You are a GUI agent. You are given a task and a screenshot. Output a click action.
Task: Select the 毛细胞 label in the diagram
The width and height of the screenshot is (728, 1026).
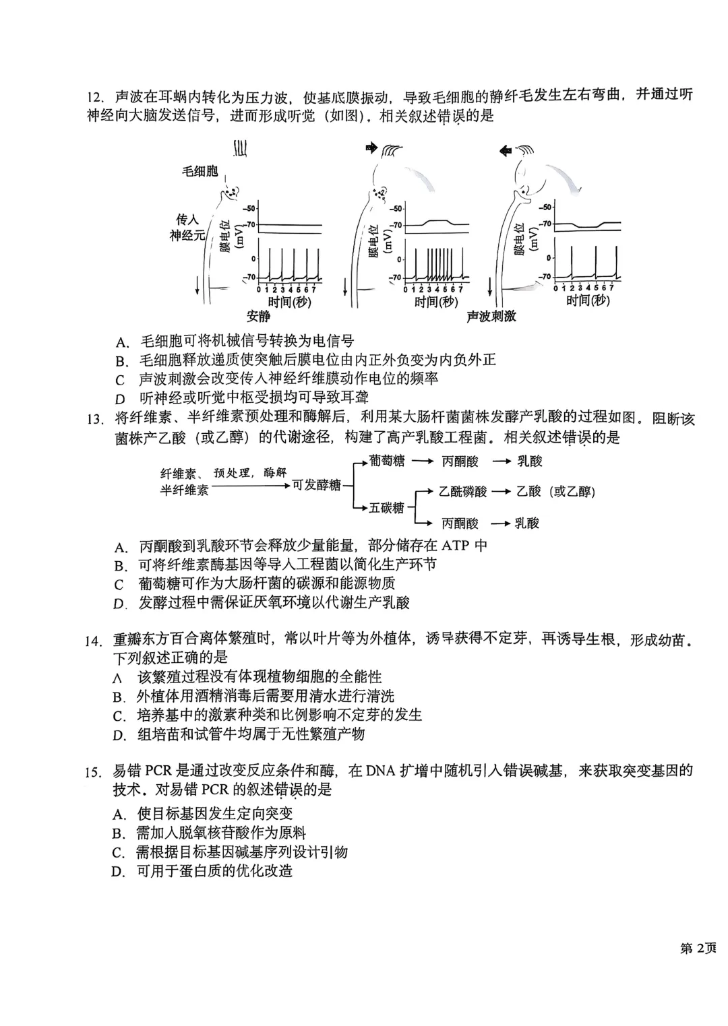click(x=200, y=171)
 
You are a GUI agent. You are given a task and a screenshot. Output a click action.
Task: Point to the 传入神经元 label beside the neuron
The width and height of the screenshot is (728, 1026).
click(x=187, y=228)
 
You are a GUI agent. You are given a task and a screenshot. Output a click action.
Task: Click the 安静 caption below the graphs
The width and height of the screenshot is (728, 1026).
click(x=258, y=316)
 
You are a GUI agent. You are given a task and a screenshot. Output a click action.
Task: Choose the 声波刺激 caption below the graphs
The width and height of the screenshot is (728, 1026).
click(x=491, y=316)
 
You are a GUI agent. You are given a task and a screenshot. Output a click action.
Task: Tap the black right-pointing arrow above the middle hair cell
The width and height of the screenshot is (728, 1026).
click(x=371, y=148)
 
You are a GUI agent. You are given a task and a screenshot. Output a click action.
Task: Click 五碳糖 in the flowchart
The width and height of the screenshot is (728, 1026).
click(x=386, y=507)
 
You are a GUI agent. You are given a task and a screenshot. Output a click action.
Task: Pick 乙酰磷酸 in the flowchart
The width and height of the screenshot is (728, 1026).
click(x=462, y=492)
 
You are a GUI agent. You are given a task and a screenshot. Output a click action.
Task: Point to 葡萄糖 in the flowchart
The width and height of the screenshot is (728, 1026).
click(x=388, y=461)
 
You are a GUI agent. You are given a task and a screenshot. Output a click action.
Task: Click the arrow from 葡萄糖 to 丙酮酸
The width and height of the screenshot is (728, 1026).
click(x=421, y=461)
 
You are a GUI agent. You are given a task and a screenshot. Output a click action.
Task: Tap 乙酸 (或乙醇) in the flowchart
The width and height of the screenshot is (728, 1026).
click(x=555, y=492)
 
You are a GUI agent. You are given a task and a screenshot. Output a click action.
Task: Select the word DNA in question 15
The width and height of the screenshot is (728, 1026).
click(x=382, y=771)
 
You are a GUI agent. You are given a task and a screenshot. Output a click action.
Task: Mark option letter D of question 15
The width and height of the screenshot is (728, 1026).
click(x=119, y=872)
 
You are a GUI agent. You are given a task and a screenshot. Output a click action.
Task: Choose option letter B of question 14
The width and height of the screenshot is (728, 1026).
click(x=119, y=697)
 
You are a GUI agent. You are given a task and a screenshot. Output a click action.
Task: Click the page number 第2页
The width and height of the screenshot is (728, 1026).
click(x=698, y=949)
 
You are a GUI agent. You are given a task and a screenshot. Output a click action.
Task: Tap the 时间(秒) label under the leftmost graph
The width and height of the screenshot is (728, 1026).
click(x=289, y=301)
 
